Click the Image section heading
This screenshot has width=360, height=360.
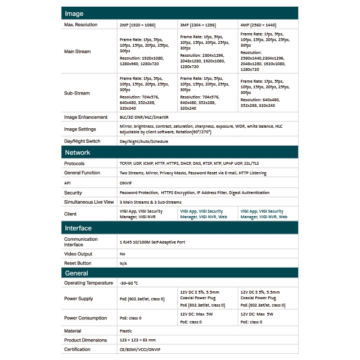(74, 13)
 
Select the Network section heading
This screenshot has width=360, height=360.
(78, 152)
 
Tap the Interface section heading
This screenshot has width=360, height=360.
(79, 228)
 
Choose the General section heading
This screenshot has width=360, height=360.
(76, 273)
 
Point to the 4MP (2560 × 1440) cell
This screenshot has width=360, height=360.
(258, 25)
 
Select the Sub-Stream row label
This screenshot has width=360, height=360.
(76, 93)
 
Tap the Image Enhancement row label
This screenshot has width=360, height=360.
(85, 117)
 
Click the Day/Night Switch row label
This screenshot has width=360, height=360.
(82, 141)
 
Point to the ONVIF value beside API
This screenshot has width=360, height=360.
(127, 183)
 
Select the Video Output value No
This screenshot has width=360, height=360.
(123, 254)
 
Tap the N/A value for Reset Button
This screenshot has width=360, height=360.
(124, 263)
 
